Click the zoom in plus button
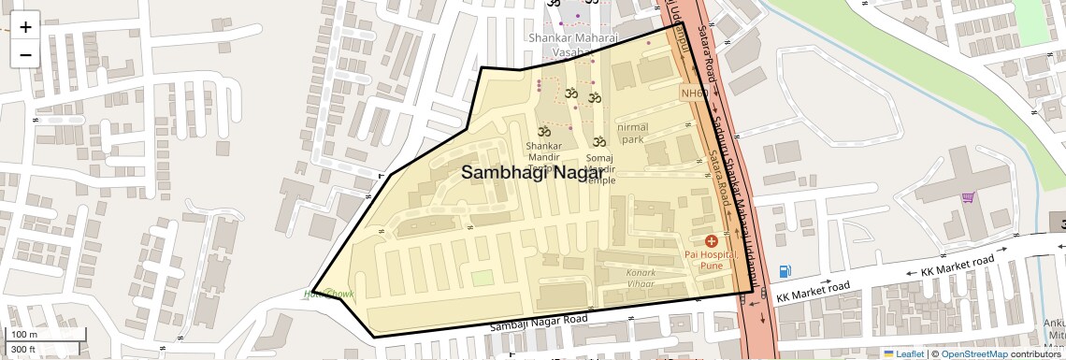pyautogui.click(x=25, y=27)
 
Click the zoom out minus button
pyautogui.click(x=25, y=54)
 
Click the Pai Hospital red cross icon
pyautogui.click(x=711, y=241)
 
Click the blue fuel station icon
pyautogui.click(x=785, y=272)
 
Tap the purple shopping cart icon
pyautogui.click(x=968, y=198)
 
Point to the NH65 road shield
pyautogui.click(x=693, y=94)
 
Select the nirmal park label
pyautogui.click(x=632, y=133)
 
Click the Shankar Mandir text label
pyautogui.click(x=543, y=151)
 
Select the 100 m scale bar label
pyautogui.click(x=24, y=335)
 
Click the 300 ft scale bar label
pyautogui.click(x=23, y=350)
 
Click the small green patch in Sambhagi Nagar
pyautogui.click(x=482, y=278)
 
